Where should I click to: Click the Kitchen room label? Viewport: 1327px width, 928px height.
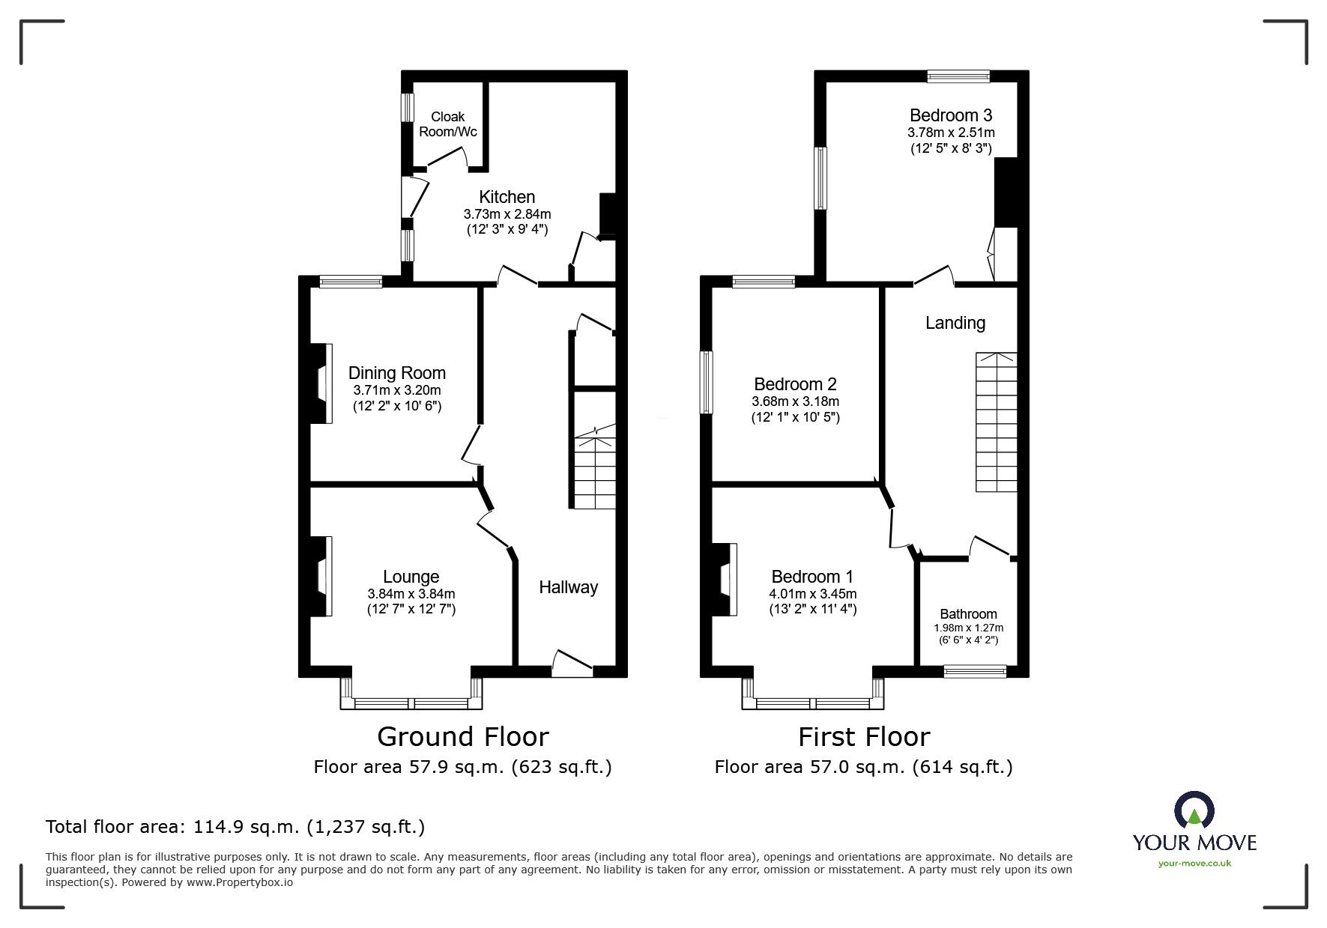pyautogui.click(x=507, y=197)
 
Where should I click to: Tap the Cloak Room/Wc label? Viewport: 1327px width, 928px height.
pyautogui.click(x=448, y=124)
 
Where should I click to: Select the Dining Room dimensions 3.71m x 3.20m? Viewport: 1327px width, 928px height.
pyautogui.click(x=397, y=390)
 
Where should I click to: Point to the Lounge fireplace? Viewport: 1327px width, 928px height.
pyautogui.click(x=321, y=576)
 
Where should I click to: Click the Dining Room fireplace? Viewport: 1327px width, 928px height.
pyautogui.click(x=321, y=383)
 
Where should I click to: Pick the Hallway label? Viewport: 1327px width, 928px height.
pyautogui.click(x=569, y=587)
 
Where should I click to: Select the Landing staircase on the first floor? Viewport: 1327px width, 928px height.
pyautogui.click(x=997, y=422)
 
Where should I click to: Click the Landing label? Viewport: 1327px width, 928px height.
pyautogui.click(x=955, y=323)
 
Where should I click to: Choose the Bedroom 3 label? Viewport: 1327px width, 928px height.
pyautogui.click(x=951, y=115)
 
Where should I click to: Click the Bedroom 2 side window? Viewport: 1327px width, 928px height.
pyautogui.click(x=707, y=383)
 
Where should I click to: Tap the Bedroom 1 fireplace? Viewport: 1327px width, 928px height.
pyautogui.click(x=725, y=580)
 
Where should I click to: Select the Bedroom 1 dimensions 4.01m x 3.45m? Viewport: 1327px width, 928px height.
pyautogui.click(x=813, y=594)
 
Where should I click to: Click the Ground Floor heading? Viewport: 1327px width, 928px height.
pyautogui.click(x=463, y=737)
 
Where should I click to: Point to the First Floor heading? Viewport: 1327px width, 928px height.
pyautogui.click(x=864, y=737)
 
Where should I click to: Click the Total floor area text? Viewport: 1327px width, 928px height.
pyautogui.click(x=235, y=827)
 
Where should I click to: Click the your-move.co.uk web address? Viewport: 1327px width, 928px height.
pyautogui.click(x=1194, y=864)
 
